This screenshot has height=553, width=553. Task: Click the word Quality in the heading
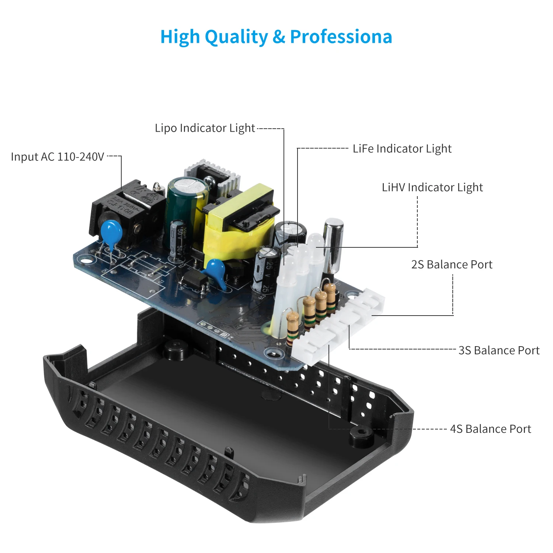pyautogui.click(x=236, y=37)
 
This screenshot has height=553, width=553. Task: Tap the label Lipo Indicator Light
pyautogui.click(x=205, y=128)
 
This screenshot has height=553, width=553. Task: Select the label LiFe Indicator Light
pyautogui.click(x=402, y=149)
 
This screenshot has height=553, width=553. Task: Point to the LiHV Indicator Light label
pyautogui.click(x=432, y=187)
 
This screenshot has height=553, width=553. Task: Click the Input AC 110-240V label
pyautogui.click(x=58, y=157)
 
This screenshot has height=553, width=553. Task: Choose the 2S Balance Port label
pyautogui.click(x=452, y=264)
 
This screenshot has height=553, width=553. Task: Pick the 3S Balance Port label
pyautogui.click(x=499, y=350)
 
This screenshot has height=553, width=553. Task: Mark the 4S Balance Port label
pyautogui.click(x=490, y=429)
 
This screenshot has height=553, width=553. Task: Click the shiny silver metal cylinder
pyautogui.click(x=333, y=243)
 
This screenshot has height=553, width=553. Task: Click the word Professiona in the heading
pyautogui.click(x=341, y=37)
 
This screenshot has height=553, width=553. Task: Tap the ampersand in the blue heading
pyautogui.click(x=279, y=37)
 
